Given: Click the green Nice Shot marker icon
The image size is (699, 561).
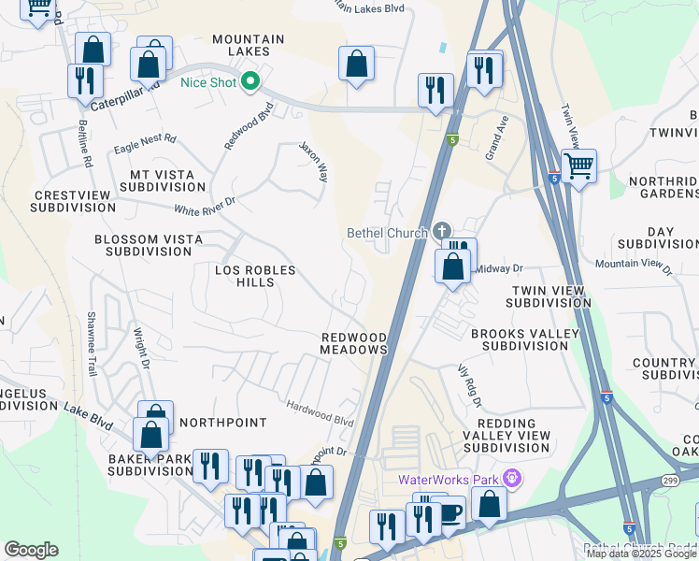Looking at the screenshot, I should click(250, 82).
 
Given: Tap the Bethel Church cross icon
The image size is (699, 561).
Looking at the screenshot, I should click(442, 232).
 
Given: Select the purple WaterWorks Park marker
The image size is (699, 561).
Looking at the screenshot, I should click(511, 480).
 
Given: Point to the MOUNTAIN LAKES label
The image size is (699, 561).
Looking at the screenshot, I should click(248, 45).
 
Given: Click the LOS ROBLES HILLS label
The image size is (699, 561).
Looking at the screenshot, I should click(255, 276).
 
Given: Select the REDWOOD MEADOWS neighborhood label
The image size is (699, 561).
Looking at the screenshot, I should click(354, 343).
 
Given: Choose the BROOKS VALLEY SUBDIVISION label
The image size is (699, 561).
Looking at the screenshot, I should click(519, 339).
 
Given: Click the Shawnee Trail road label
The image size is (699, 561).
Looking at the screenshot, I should click(93, 344).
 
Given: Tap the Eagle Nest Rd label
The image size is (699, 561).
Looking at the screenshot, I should click(145, 144).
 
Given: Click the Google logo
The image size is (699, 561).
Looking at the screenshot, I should click(31, 550).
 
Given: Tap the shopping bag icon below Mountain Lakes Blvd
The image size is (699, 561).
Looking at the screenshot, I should click(356, 65).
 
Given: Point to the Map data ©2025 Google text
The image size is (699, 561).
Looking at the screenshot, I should click(641, 554).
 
